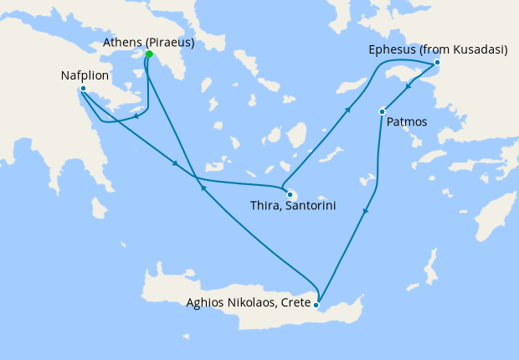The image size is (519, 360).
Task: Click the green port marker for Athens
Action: tap(149, 54)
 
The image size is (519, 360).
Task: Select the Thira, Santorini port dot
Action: tap(286, 187)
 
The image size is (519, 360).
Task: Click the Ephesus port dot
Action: tap(436, 64)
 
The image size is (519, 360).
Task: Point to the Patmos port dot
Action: tap(382, 111)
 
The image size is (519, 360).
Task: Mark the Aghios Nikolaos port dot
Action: tap(316, 306)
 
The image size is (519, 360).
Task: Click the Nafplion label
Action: tap(84, 75)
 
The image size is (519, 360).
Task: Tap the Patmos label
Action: tap(408, 122)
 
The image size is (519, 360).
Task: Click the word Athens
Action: tap(124, 41)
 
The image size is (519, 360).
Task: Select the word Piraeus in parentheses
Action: tap(172, 41)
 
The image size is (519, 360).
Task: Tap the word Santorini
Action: tap(311, 203)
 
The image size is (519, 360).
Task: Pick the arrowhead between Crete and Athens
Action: tap(201, 189)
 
